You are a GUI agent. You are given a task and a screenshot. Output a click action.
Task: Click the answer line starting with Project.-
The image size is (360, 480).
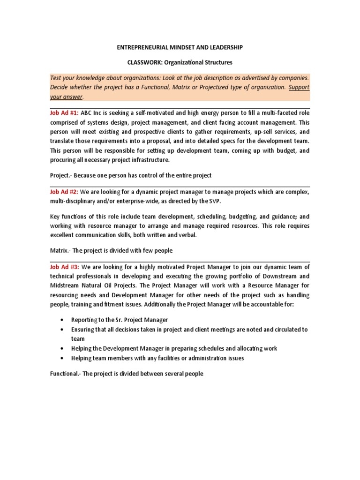click(x=130, y=175)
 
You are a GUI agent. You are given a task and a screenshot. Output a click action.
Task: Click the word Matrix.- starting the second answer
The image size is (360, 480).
click(x=61, y=251)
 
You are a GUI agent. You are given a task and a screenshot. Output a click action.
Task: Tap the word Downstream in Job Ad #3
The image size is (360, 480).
click(x=270, y=276)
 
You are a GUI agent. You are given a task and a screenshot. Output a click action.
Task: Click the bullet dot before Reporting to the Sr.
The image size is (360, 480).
click(x=62, y=320)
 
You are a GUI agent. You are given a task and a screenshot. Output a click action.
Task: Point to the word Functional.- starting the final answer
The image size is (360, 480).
click(x=65, y=374)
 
